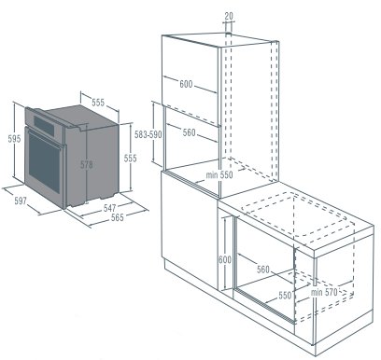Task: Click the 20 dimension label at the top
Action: (x=229, y=16)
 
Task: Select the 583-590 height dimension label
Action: (x=148, y=134)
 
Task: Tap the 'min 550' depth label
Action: (x=219, y=175)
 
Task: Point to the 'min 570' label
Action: (x=324, y=292)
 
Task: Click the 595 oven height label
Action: (x=14, y=139)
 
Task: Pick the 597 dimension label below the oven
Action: (x=21, y=201)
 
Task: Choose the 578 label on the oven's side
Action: (x=87, y=164)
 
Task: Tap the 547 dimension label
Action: (x=109, y=208)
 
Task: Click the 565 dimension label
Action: (x=118, y=217)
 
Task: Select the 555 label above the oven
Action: (x=98, y=103)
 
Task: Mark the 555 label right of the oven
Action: (x=130, y=159)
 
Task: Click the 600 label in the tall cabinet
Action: (x=186, y=84)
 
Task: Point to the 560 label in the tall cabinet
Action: (x=189, y=132)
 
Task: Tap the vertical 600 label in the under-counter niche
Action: (x=225, y=259)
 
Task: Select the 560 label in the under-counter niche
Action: (x=263, y=269)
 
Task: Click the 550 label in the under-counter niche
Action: (x=285, y=296)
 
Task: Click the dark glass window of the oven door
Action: (x=44, y=162)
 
